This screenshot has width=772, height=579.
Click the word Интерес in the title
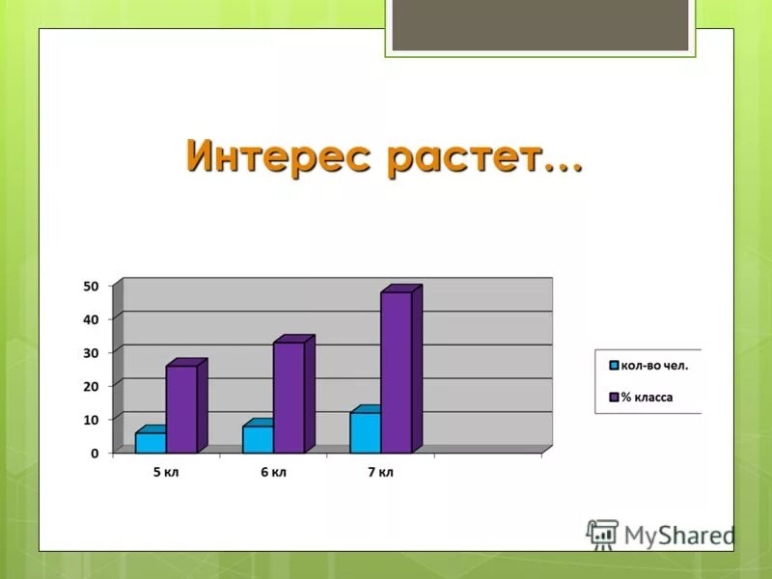[x=278, y=156]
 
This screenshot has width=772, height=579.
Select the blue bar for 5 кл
[x=151, y=442]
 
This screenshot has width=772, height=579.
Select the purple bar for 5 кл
[x=181, y=408]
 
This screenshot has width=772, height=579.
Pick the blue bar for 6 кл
[x=258, y=439]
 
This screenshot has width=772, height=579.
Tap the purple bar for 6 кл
[x=289, y=397]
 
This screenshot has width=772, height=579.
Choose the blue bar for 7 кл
[x=365, y=432]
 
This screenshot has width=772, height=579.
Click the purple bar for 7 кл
[x=396, y=372]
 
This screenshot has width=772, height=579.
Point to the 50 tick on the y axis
[x=91, y=286]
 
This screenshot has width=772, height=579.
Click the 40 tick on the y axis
[x=91, y=318]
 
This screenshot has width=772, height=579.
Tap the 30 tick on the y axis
[x=91, y=352]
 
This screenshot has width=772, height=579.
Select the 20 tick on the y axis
[x=91, y=386]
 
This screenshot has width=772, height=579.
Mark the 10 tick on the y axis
[x=91, y=420]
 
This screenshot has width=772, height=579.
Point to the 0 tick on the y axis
[x=95, y=453]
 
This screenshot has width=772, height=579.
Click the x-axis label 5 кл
[x=166, y=473]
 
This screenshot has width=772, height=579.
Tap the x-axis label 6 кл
[x=273, y=473]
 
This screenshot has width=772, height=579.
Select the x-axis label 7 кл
[x=380, y=473]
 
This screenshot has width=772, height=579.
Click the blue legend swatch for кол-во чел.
[x=613, y=366]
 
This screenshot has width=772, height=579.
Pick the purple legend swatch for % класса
[x=613, y=397]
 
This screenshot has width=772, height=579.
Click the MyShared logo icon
[x=602, y=534]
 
